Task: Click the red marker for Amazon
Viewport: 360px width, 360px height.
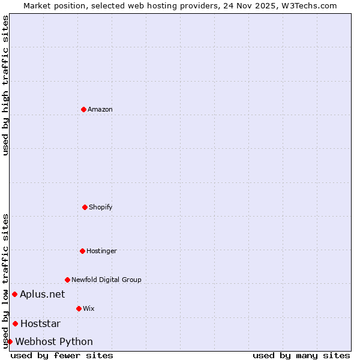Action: coord(83,109)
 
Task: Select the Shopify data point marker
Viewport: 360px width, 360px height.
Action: coord(85,207)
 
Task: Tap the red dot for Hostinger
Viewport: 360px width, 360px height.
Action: coord(82,251)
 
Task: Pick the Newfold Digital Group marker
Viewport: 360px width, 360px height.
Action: coord(67,280)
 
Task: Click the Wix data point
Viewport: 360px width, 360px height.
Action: coord(79,308)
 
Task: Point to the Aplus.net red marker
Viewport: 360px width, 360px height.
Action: coord(14,294)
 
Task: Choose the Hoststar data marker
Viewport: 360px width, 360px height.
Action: coord(15,323)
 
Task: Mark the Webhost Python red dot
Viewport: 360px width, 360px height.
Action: coord(10,341)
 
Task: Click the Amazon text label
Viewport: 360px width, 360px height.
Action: coord(100,109)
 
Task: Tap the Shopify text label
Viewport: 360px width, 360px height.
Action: coord(101,207)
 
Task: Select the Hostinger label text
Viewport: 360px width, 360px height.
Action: coord(101,251)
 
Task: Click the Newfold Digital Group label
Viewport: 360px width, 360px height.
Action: coord(106,280)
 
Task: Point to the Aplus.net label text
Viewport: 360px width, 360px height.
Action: coord(42,294)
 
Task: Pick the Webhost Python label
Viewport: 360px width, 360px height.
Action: coord(54,341)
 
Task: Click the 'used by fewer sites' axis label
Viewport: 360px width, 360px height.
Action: coord(62,355)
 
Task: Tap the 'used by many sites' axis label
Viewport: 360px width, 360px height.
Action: coord(301,355)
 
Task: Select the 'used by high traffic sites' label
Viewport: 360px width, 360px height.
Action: coord(5,85)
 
